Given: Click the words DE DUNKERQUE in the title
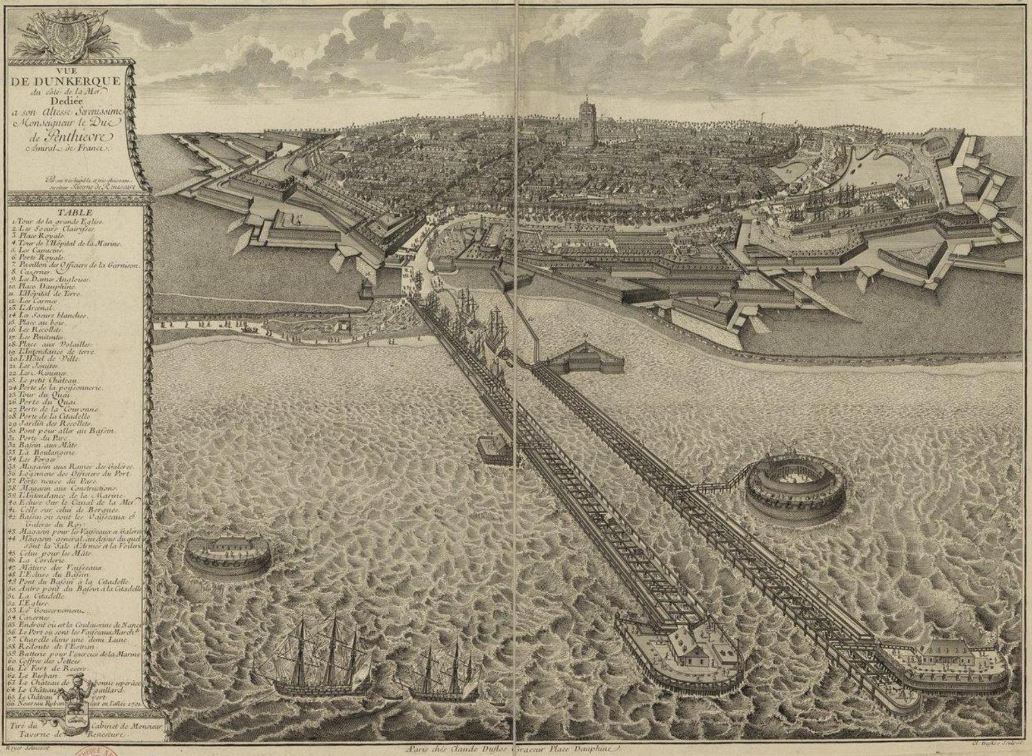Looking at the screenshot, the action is (65, 81).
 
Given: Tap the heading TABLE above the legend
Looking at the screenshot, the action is (75, 213).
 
